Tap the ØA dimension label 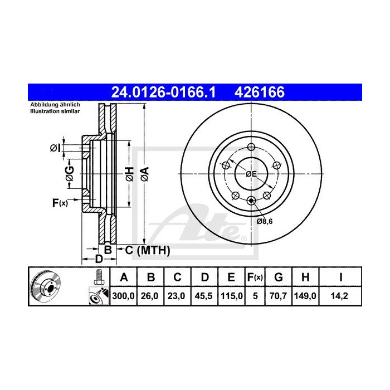(144, 174)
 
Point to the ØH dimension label (128, 174)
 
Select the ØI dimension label (55, 148)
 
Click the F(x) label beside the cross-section (60, 203)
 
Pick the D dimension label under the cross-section (98, 259)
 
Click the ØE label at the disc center (252, 174)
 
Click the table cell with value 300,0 (124, 296)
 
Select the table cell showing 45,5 (204, 296)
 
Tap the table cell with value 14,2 (337, 296)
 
